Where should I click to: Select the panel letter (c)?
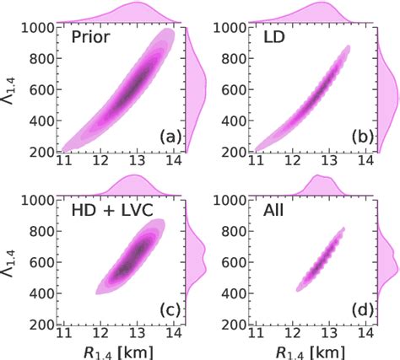point(163,310)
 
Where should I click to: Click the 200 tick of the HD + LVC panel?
point(41,324)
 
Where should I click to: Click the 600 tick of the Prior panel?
point(41,88)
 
